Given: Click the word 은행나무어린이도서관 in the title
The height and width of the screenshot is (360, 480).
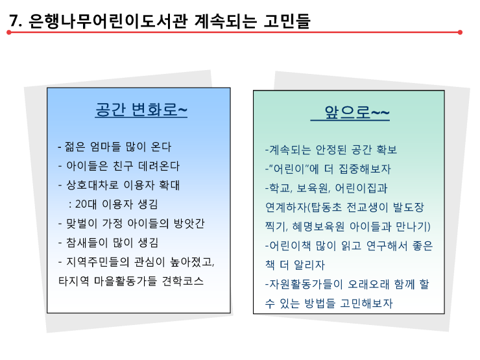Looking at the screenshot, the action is (x=108, y=21).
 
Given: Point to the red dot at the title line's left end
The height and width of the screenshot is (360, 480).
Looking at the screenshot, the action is (x=9, y=32).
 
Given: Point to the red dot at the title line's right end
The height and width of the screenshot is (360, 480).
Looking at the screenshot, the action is (x=460, y=32).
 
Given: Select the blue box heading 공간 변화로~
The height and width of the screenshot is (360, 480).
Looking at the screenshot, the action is (x=141, y=110).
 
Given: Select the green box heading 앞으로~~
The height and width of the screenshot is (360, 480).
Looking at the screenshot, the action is (x=357, y=112).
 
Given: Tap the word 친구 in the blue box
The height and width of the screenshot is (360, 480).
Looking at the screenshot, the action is (x=123, y=166).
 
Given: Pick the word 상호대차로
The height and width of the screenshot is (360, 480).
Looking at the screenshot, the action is (x=92, y=186).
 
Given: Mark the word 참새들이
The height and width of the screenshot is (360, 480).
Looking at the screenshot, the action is (x=87, y=243).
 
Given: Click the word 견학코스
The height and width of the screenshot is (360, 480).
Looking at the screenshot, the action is (x=182, y=281).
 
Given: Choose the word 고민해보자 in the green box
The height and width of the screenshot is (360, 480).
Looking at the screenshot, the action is (x=366, y=303).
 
